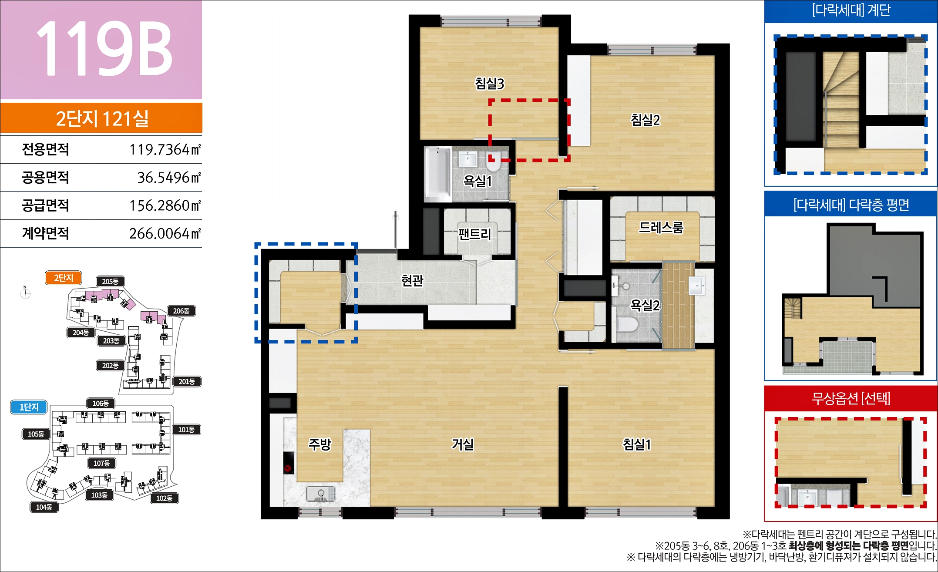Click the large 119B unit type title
pyautogui.click(x=104, y=47)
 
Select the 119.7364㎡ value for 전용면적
pyautogui.click(x=165, y=149)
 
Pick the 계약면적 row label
pyautogui.click(x=45, y=233)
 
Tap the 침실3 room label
pyautogui.click(x=489, y=83)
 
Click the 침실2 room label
pyautogui.click(x=646, y=120)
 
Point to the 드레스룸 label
pyautogui.click(x=661, y=227)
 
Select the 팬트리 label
pyautogui.click(x=474, y=234)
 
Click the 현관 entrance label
pyautogui.click(x=412, y=280)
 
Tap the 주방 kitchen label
pyautogui.click(x=320, y=444)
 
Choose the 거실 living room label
pyautogui.click(x=463, y=444)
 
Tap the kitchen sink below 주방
pyautogui.click(x=320, y=494)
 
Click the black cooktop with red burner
pyautogui.click(x=289, y=463)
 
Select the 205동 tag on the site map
pyautogui.click(x=110, y=282)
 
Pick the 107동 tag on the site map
pyautogui.click(x=101, y=463)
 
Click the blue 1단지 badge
pyautogui.click(x=29, y=407)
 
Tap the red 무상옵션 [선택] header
pyautogui.click(x=851, y=398)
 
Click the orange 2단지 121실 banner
pyautogui.click(x=101, y=118)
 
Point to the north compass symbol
pyautogui.click(x=25, y=293)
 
